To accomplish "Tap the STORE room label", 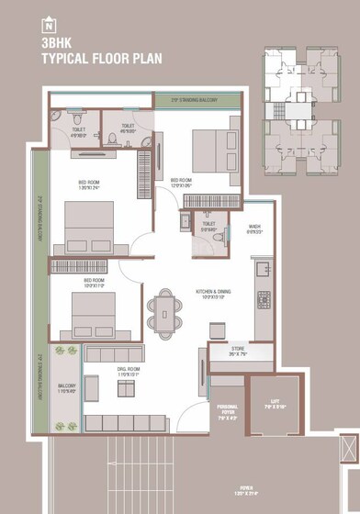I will coord(238,351).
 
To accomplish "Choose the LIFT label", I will coord(275,402).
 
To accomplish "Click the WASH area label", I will coord(254,229).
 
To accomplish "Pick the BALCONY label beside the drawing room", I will coord(66,386).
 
